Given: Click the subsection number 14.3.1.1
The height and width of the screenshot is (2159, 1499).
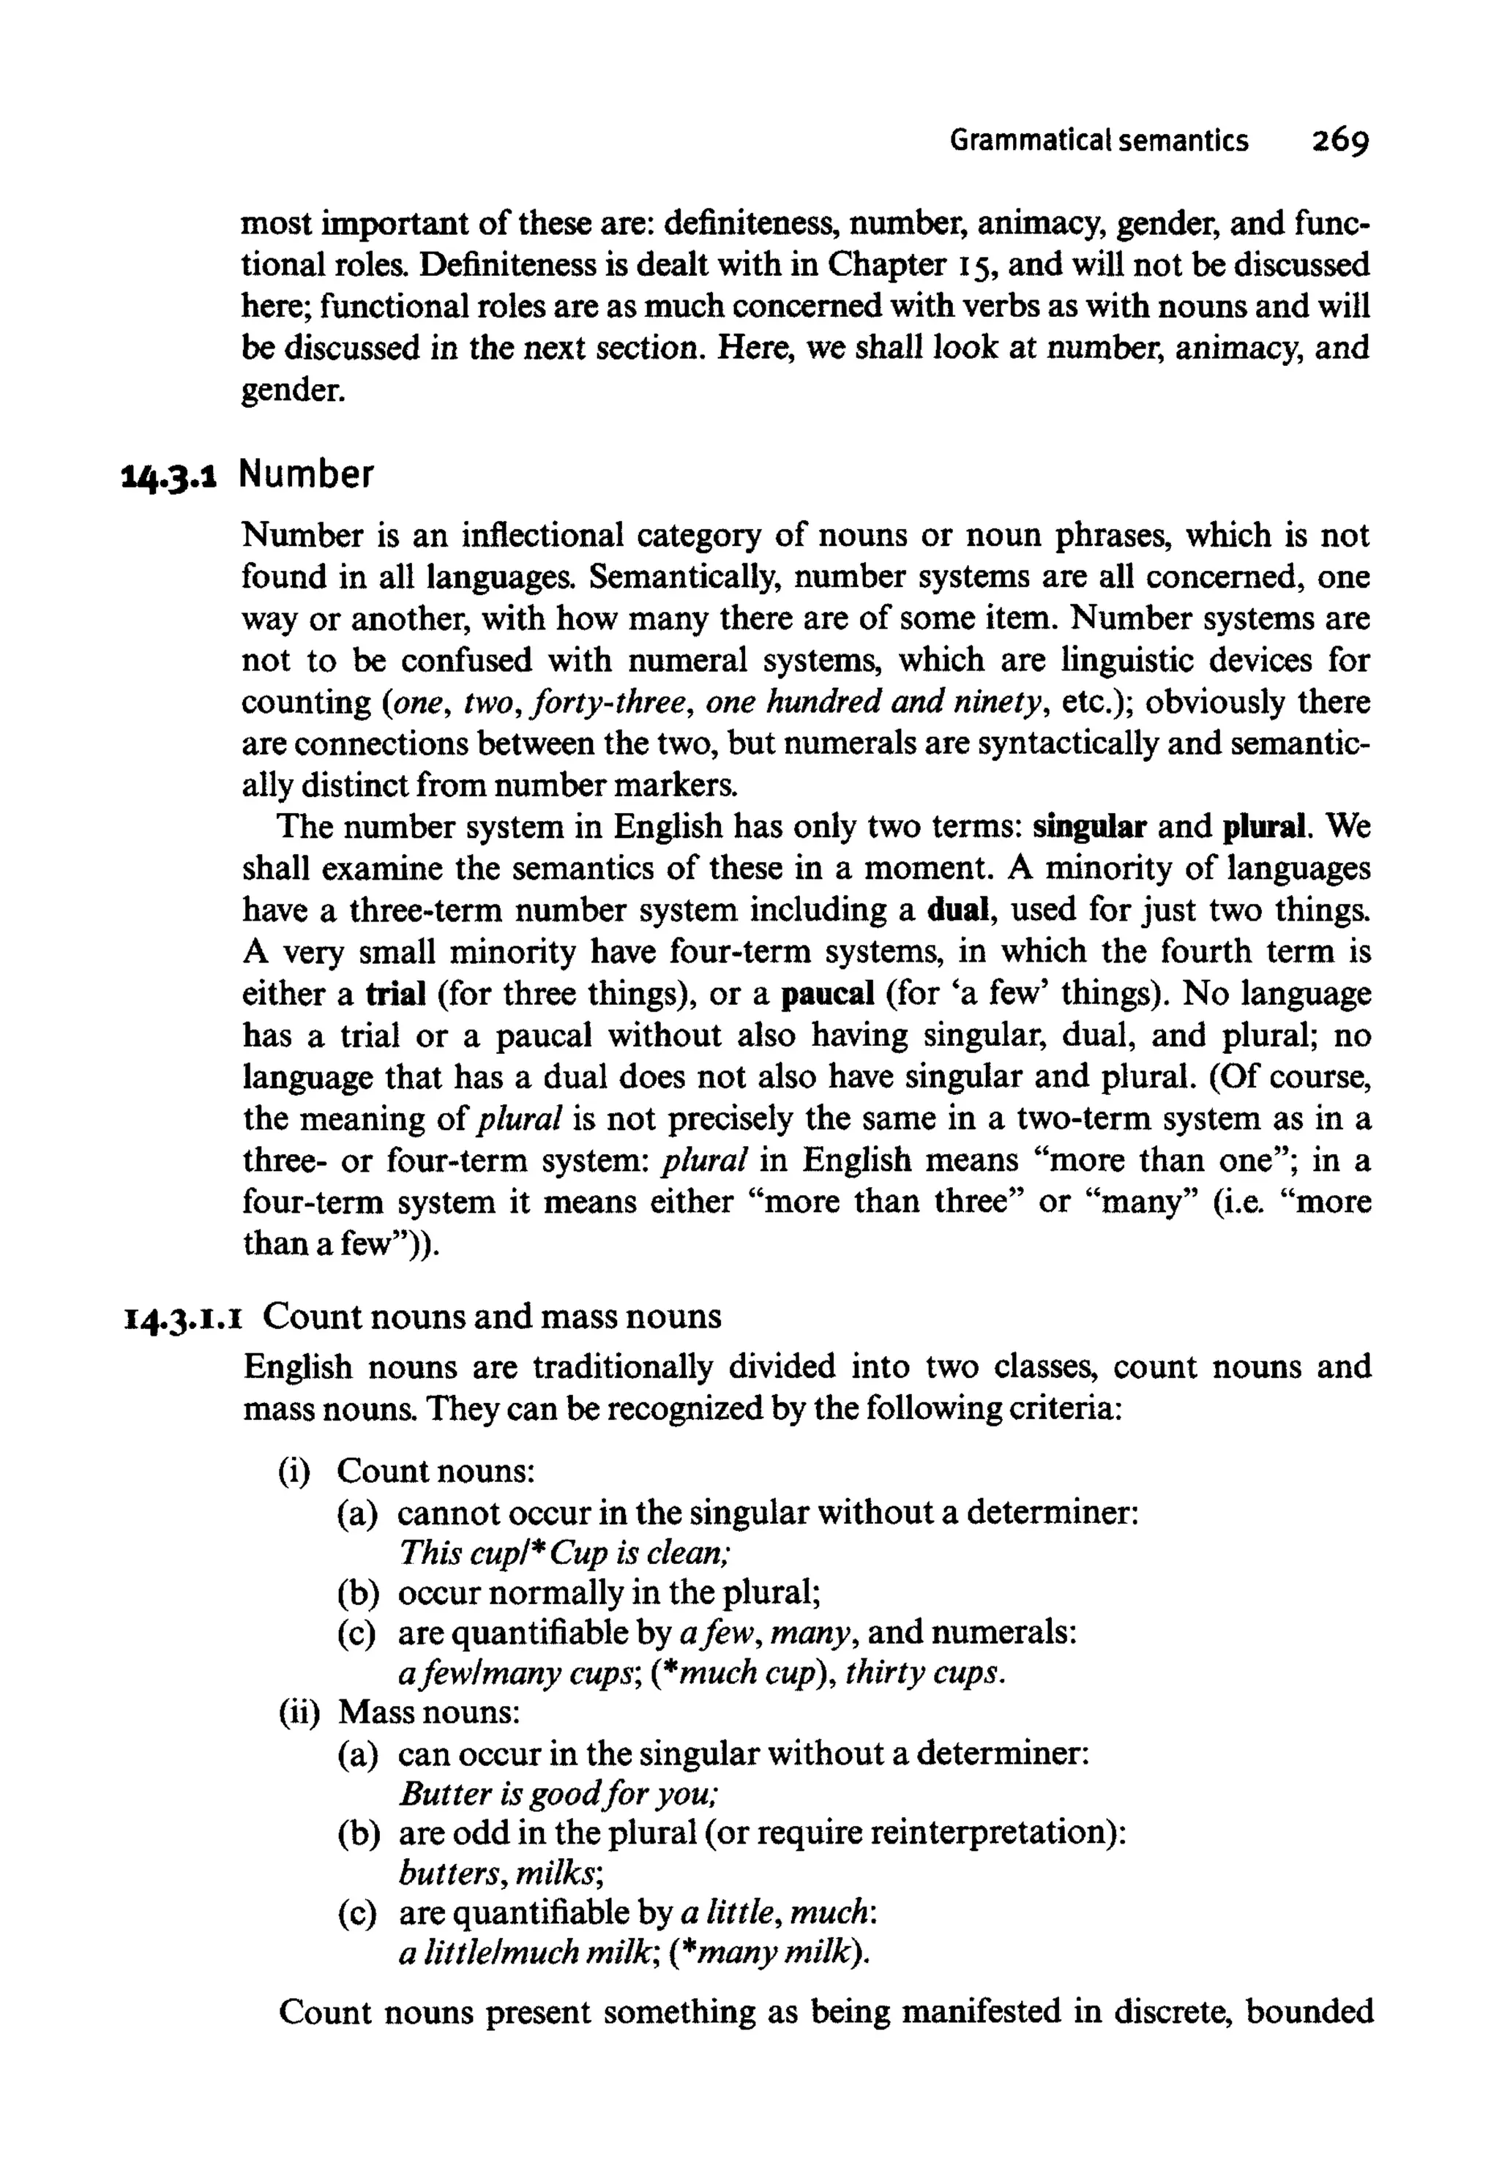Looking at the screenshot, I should coord(184,1317).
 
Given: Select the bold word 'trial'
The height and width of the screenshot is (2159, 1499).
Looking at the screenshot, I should coord(395,994).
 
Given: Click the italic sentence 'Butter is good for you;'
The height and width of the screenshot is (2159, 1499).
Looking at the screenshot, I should coord(559,1795).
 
